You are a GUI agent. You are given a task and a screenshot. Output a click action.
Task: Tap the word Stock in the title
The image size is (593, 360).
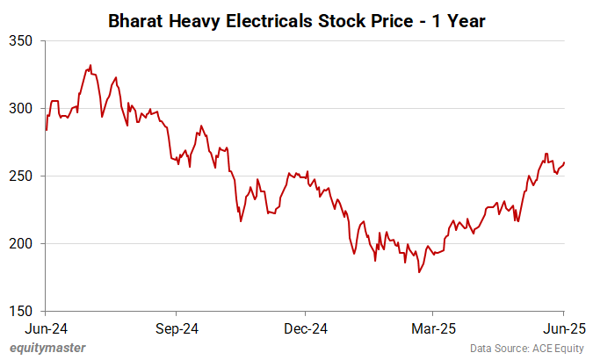[x=347, y=19]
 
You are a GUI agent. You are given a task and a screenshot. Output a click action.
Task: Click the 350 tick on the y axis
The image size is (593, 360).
[x=20, y=40]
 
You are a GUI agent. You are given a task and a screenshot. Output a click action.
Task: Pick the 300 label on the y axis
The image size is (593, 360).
[x=20, y=108]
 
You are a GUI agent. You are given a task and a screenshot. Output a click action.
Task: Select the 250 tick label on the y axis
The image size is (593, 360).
[x=20, y=176]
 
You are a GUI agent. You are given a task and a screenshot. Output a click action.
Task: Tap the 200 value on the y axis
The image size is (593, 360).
[x=20, y=243]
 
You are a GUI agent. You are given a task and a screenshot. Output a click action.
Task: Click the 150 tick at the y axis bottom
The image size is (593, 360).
[x=20, y=311]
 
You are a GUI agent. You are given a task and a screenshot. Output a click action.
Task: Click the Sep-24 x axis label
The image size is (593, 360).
[x=176, y=328]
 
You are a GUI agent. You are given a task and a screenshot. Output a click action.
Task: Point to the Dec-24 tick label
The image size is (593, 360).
[x=306, y=328]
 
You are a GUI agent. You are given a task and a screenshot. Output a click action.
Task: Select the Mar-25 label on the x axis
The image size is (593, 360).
[x=434, y=328]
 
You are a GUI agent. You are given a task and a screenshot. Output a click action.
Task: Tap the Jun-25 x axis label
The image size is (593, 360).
[x=563, y=328]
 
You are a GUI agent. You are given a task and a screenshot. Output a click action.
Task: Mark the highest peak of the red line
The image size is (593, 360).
[x=90, y=65]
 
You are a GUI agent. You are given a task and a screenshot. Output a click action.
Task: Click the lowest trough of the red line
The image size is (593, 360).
[x=419, y=272]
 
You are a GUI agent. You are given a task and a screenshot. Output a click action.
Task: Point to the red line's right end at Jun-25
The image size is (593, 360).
[x=564, y=162]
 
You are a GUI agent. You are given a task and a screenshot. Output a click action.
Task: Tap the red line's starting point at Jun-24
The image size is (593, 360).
[x=45, y=130]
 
